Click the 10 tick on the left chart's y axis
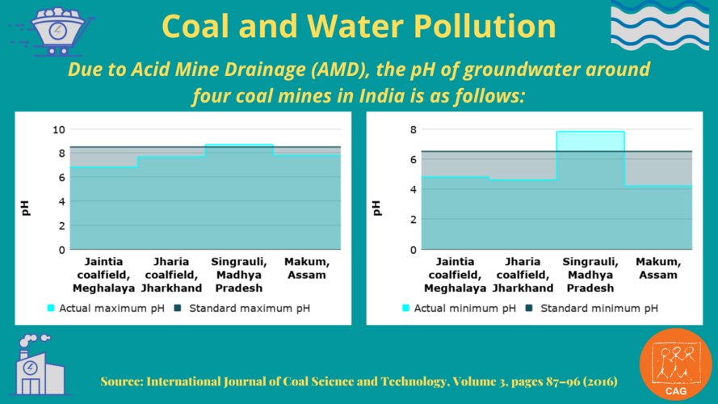tap(58, 129)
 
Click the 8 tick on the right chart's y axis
tap(412, 129)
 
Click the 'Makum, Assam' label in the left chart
tap(305, 268)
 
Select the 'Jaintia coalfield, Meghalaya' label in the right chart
tap(455, 275)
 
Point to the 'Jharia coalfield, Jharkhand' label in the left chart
tap(171, 275)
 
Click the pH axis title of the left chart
tap(27, 208)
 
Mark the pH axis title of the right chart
tap(376, 208)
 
